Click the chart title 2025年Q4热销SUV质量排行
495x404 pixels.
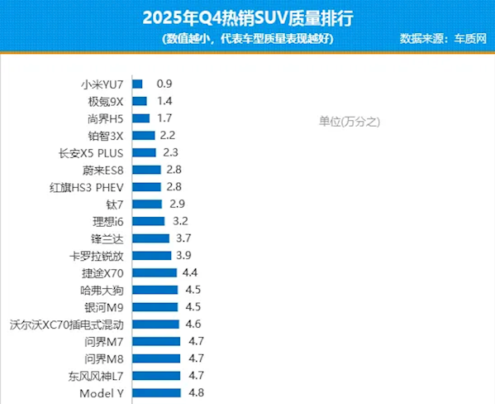coord(248,17)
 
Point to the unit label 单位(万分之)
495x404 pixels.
coord(349,121)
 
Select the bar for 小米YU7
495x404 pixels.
coord(137,84)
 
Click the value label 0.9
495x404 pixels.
coord(164,84)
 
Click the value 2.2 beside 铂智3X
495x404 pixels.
coord(168,135)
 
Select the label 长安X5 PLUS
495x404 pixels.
coord(91,152)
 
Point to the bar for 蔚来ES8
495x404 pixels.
coord(146,170)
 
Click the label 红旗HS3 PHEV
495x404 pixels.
coord(87,187)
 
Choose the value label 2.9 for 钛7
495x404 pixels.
coord(175,204)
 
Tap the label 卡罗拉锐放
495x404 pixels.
coord(97,256)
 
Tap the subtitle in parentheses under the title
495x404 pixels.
coord(248,38)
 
